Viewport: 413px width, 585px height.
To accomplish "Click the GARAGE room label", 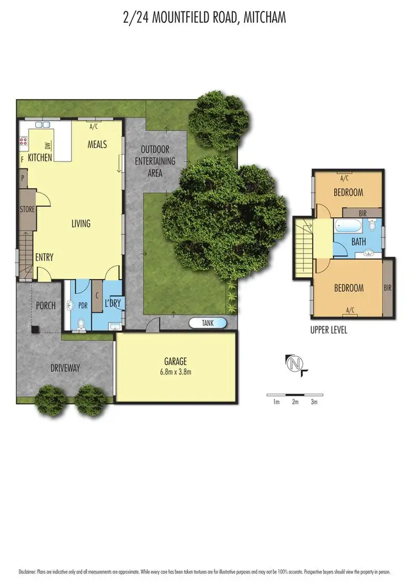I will [176, 362].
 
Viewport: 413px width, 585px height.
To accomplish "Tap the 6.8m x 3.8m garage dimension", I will [176, 372].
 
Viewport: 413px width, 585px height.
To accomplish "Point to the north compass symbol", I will [295, 363].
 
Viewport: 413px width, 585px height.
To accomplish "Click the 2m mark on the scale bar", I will [295, 402].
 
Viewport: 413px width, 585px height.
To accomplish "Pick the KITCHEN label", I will [40, 158].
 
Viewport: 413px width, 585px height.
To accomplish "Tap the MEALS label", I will [97, 144].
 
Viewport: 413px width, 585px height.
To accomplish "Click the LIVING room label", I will [81, 224].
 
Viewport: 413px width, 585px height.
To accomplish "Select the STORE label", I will [28, 210].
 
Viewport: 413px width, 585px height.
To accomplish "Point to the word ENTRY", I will [44, 257].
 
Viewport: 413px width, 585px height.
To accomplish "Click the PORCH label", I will [46, 305].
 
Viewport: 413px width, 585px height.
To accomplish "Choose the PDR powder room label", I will [84, 304].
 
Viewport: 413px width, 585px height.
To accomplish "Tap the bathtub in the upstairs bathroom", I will [347, 226].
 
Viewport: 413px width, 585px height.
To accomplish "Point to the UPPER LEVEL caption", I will [329, 330].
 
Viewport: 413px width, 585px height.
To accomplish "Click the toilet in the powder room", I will [81, 324].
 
